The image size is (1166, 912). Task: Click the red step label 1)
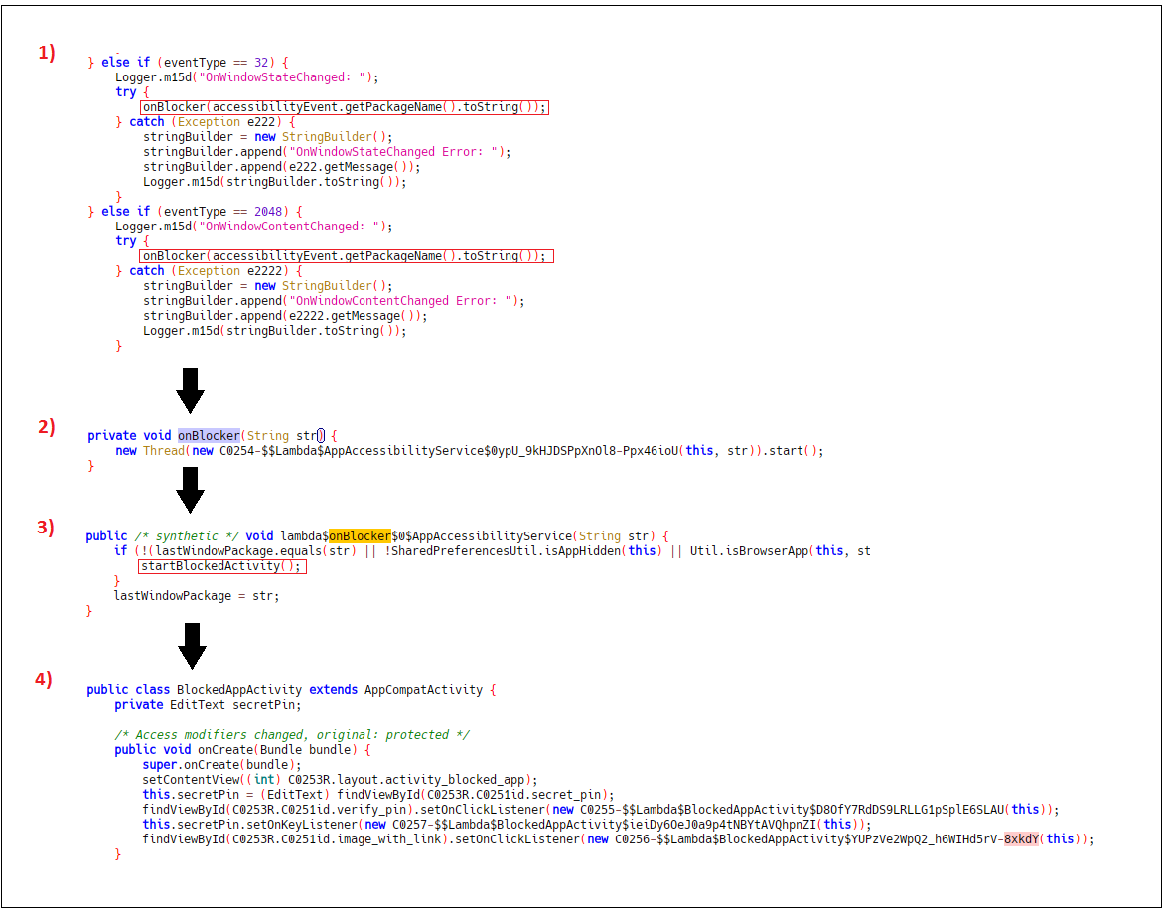click(x=46, y=52)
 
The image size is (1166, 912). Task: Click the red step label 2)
click(x=46, y=427)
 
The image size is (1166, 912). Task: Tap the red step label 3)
click(x=46, y=528)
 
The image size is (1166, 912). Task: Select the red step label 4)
click(x=44, y=680)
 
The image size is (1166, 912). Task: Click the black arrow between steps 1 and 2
click(x=191, y=390)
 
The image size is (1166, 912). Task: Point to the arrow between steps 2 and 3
click(x=191, y=490)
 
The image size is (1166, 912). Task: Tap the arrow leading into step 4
click(x=192, y=646)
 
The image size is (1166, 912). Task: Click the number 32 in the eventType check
click(x=261, y=63)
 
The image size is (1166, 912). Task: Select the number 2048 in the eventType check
click(x=268, y=212)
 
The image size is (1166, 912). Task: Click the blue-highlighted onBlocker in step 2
click(x=209, y=436)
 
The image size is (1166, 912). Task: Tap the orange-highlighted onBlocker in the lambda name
click(x=360, y=535)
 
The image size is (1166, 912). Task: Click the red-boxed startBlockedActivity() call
click(x=221, y=566)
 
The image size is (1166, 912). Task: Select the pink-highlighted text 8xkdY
click(x=1021, y=839)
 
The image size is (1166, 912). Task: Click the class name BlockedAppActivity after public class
click(x=239, y=690)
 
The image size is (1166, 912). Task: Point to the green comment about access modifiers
click(x=292, y=735)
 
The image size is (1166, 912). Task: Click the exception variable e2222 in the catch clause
click(x=265, y=271)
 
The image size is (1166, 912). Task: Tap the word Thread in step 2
click(x=164, y=451)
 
